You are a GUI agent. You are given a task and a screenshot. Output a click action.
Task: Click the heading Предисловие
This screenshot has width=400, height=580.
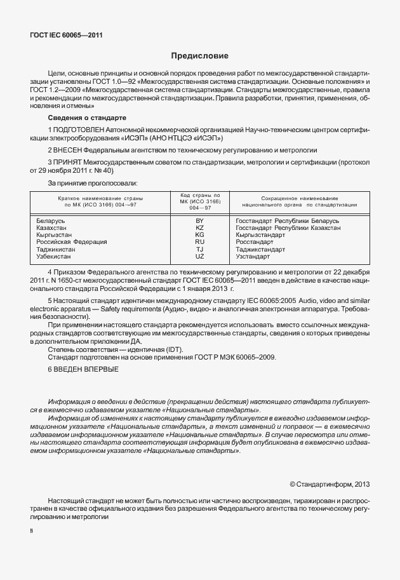[199, 57]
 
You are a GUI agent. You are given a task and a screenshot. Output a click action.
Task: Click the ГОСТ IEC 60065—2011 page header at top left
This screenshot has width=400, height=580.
[66, 36]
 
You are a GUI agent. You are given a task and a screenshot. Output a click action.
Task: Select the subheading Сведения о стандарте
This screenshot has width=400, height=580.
[87, 118]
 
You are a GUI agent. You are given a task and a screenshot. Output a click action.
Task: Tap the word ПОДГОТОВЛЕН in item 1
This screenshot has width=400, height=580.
[78, 130]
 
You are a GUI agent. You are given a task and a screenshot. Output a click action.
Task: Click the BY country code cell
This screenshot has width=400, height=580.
[199, 220]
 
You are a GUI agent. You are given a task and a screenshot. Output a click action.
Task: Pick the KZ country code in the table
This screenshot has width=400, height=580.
[199, 227]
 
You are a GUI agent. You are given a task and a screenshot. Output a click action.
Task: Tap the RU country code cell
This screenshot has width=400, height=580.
[199, 242]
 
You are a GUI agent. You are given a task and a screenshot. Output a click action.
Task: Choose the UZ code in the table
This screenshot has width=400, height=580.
[199, 256]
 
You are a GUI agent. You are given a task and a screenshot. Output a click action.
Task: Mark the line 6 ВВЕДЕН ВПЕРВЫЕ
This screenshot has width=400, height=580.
[83, 370]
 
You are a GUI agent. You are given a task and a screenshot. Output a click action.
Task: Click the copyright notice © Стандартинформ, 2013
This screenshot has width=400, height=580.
[329, 484]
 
